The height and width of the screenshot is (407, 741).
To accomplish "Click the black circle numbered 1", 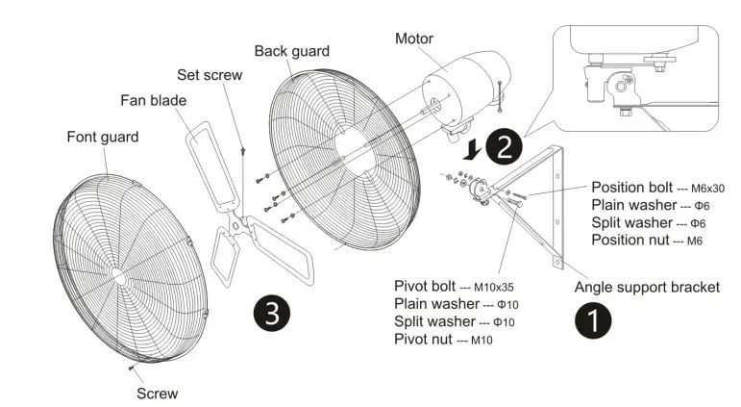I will (593, 319).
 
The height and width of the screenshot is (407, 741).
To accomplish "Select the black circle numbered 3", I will (272, 314).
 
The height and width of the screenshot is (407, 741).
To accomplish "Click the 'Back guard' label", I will (291, 51).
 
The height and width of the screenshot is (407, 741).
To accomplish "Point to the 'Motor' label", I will (414, 39).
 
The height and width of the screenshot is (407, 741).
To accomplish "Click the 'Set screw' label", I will (210, 74).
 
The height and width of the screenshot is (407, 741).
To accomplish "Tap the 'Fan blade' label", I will (153, 99).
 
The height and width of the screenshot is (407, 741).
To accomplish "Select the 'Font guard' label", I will (102, 137).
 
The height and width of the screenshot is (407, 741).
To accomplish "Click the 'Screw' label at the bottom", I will (157, 393).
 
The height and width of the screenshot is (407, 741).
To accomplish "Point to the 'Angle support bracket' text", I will (647, 287).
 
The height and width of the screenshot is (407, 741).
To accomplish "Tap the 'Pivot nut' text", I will (424, 339).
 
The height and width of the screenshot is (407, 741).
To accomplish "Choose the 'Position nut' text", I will (632, 239).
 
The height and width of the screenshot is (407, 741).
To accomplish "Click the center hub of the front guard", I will (118, 273).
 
